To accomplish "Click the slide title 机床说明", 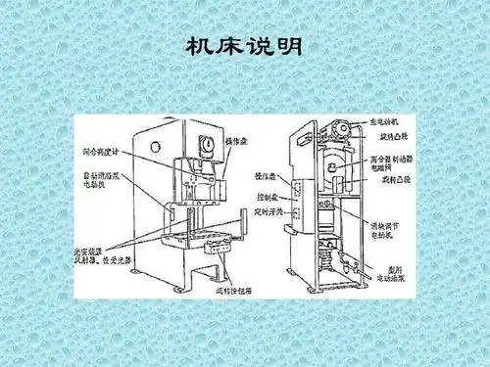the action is click(243, 46).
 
